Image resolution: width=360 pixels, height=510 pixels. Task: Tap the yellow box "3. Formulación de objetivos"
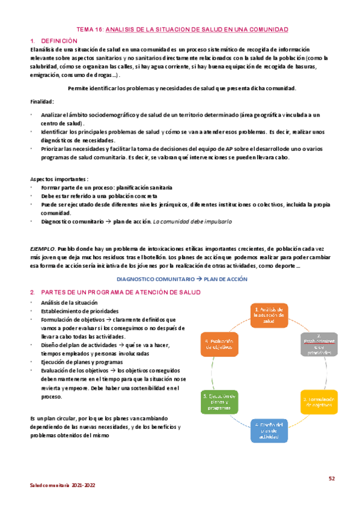[319, 402]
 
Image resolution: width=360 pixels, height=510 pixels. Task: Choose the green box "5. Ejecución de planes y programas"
[219, 401]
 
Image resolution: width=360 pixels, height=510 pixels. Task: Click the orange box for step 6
[219, 344]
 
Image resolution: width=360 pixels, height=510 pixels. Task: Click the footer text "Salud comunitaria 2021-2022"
[63, 485]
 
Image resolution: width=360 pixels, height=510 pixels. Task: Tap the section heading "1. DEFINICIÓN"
[53, 40]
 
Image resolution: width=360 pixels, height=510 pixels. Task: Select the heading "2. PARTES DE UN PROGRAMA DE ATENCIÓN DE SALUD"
[115, 292]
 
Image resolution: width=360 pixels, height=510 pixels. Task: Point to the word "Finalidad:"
[42, 101]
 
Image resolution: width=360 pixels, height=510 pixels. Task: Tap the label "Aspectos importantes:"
[59, 179]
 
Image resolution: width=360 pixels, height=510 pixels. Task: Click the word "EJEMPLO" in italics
[42, 248]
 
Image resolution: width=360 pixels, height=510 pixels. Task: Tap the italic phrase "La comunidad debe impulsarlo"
[192, 221]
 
